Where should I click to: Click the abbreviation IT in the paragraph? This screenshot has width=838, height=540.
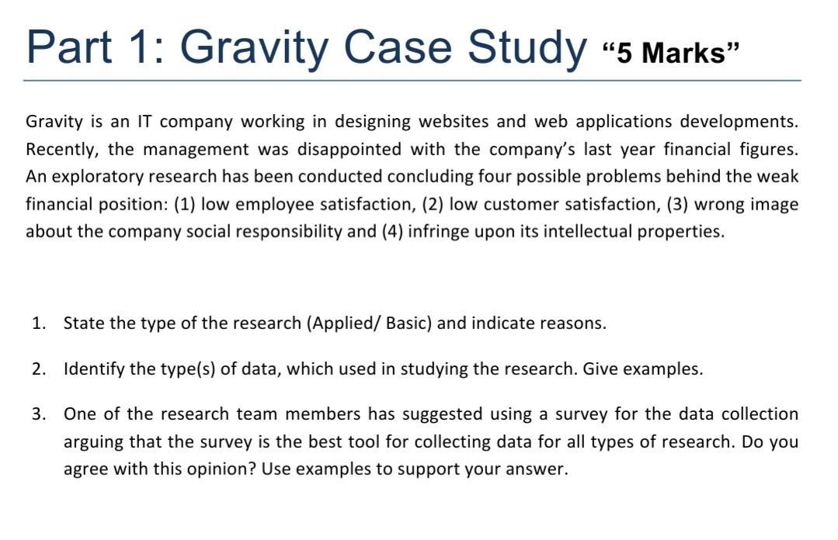tap(144, 122)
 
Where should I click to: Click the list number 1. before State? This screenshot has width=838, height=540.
tap(40, 324)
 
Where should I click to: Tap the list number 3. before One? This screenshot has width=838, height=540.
tap(40, 414)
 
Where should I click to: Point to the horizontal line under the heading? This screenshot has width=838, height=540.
tap(412, 80)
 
